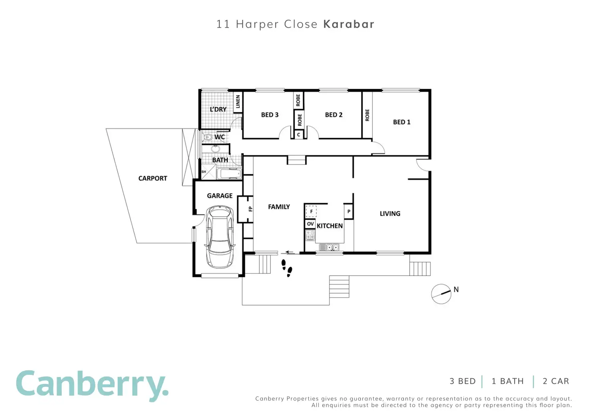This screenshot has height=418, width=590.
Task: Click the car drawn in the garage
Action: pyautogui.click(x=220, y=237)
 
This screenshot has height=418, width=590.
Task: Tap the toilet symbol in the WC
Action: pyautogui.click(x=208, y=137)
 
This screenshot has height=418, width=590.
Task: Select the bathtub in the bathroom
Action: pyautogui.click(x=229, y=174)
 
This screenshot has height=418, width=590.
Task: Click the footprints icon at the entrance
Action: pyautogui.click(x=287, y=268)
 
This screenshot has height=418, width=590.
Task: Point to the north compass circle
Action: pyautogui.click(x=441, y=294)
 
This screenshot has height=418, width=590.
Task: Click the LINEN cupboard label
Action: pyautogui.click(x=238, y=102)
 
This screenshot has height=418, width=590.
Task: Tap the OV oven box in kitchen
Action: pyautogui.click(x=310, y=224)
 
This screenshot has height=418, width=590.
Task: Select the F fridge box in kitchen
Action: pyautogui.click(x=311, y=211)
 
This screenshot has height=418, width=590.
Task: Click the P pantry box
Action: pyautogui.click(x=349, y=211)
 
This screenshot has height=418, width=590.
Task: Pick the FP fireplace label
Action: pyautogui.click(x=251, y=209)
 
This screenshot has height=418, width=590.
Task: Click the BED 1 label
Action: pyautogui.click(x=402, y=122)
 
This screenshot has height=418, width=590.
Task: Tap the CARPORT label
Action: pyautogui.click(x=153, y=178)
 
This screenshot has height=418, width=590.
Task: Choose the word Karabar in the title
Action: pyautogui.click(x=349, y=24)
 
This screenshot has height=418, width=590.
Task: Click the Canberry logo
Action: pyautogui.click(x=92, y=386)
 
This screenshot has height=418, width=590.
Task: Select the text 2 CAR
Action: pyautogui.click(x=556, y=381)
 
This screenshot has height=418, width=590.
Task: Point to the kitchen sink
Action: pyautogui.click(x=329, y=247)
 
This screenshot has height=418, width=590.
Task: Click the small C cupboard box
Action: pyautogui.click(x=299, y=135)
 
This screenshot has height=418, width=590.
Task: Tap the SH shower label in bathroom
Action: pyautogui.click(x=204, y=172)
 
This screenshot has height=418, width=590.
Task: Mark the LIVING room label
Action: pyautogui.click(x=390, y=214)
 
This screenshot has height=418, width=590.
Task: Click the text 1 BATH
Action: pyautogui.click(x=508, y=381)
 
